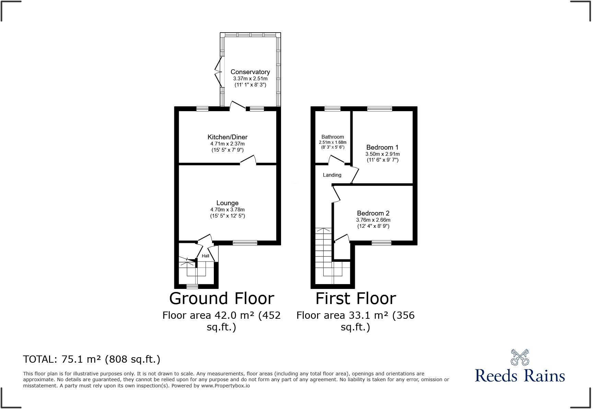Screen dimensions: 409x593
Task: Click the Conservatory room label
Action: (250, 72)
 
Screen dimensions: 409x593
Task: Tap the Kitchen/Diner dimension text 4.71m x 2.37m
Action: (227, 144)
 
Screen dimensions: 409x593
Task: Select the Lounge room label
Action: (227, 203)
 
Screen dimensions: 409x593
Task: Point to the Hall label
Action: (206, 256)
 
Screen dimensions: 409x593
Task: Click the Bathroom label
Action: (333, 137)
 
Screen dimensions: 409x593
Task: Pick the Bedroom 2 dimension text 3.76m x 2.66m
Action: (373, 220)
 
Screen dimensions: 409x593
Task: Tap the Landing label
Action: (332, 175)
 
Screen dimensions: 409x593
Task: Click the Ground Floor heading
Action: (221, 298)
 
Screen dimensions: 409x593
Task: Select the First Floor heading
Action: (356, 298)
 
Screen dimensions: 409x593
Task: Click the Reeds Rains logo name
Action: (520, 375)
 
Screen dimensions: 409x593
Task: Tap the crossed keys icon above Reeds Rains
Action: (520, 357)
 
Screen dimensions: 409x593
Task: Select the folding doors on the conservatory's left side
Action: (218, 72)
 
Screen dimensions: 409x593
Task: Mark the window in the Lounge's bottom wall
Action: (245, 243)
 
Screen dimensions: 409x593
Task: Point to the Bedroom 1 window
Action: (379, 109)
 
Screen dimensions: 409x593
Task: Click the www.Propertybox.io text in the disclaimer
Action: (225, 386)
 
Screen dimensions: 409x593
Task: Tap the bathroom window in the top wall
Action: (333, 109)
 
